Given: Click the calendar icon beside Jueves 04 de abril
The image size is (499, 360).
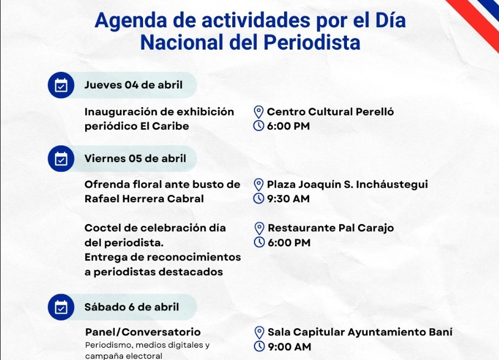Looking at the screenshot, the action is click(x=61, y=85).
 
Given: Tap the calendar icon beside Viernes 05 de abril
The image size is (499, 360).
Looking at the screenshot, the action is click(x=61, y=159).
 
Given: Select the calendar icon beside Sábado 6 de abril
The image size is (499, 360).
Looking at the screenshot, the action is click(x=61, y=307).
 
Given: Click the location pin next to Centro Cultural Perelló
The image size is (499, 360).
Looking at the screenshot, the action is click(x=258, y=112).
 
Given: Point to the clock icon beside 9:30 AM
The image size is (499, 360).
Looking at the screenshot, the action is click(x=258, y=198).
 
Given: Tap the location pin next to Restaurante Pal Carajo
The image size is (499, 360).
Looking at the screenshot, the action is click(x=260, y=228).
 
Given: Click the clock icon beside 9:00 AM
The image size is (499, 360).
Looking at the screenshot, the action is click(x=260, y=346).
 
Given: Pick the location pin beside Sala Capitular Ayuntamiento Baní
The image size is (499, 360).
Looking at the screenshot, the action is click(x=260, y=333).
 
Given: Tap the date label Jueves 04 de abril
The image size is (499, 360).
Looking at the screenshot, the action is click(x=133, y=85).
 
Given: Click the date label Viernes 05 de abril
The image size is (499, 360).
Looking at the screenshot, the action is click(x=135, y=159).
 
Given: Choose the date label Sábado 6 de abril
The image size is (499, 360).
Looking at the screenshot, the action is click(x=132, y=307).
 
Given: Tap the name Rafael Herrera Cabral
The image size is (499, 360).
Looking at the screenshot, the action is click(x=144, y=199).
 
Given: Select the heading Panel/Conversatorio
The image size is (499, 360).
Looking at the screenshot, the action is click(x=143, y=332).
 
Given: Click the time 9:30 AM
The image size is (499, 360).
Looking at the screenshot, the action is click(x=288, y=199).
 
